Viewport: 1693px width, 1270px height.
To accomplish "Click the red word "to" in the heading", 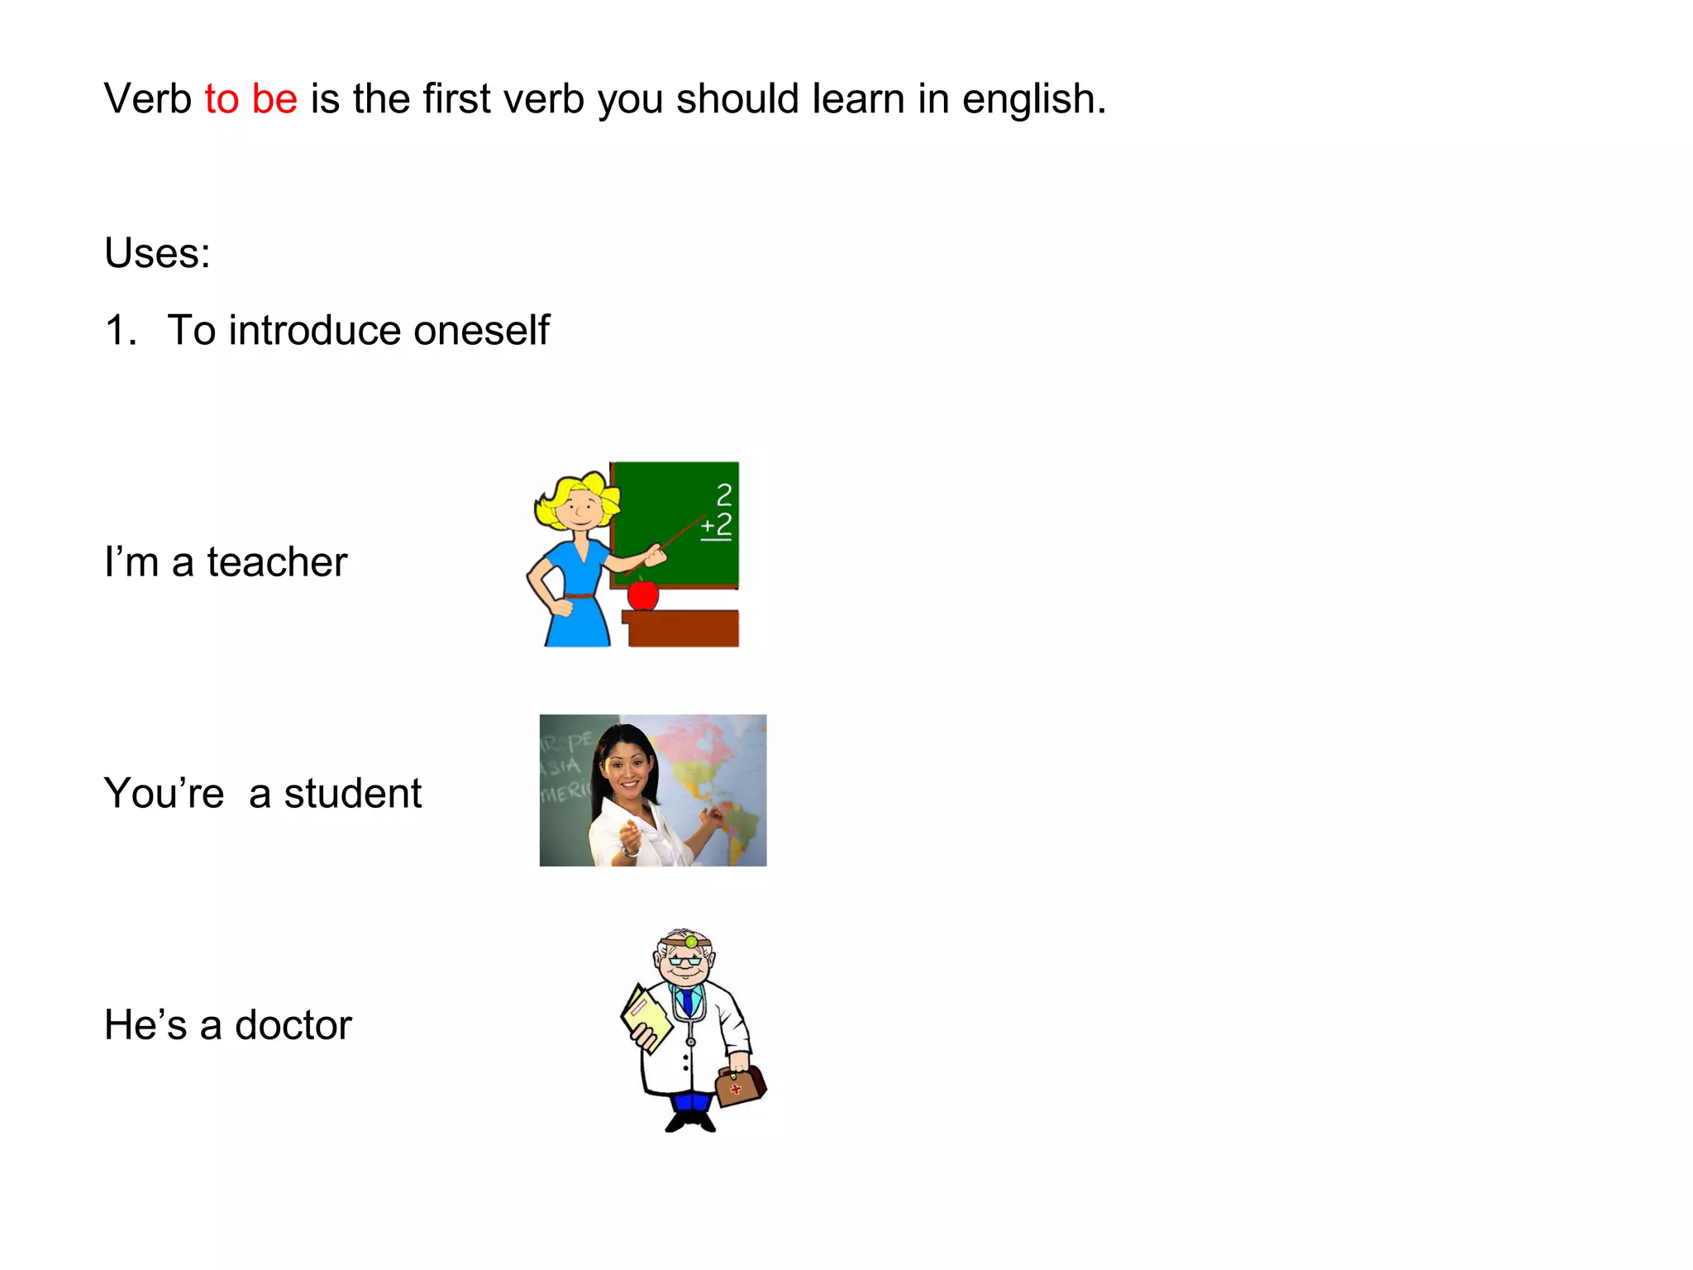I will point(222,99).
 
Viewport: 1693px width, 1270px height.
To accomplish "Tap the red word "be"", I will point(274,99).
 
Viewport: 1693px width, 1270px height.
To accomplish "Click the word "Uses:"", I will point(157,253).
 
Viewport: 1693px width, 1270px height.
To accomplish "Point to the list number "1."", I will point(121,331).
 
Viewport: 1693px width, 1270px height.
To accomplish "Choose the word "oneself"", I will point(481,331).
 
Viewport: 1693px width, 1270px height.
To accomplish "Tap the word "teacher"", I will point(277,562).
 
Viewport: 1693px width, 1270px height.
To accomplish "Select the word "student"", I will point(353,794).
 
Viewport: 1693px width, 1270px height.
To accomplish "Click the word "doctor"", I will point(293,1025).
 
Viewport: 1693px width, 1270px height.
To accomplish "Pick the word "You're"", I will point(164,794).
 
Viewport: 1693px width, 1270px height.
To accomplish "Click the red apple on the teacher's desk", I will point(642,594).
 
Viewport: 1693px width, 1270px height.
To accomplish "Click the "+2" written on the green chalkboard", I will point(717,526).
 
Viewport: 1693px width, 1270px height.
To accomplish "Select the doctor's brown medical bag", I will point(740,1085).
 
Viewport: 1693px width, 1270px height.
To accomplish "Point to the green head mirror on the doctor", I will point(691,942).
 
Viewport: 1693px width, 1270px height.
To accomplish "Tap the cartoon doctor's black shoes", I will point(691,1122).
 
